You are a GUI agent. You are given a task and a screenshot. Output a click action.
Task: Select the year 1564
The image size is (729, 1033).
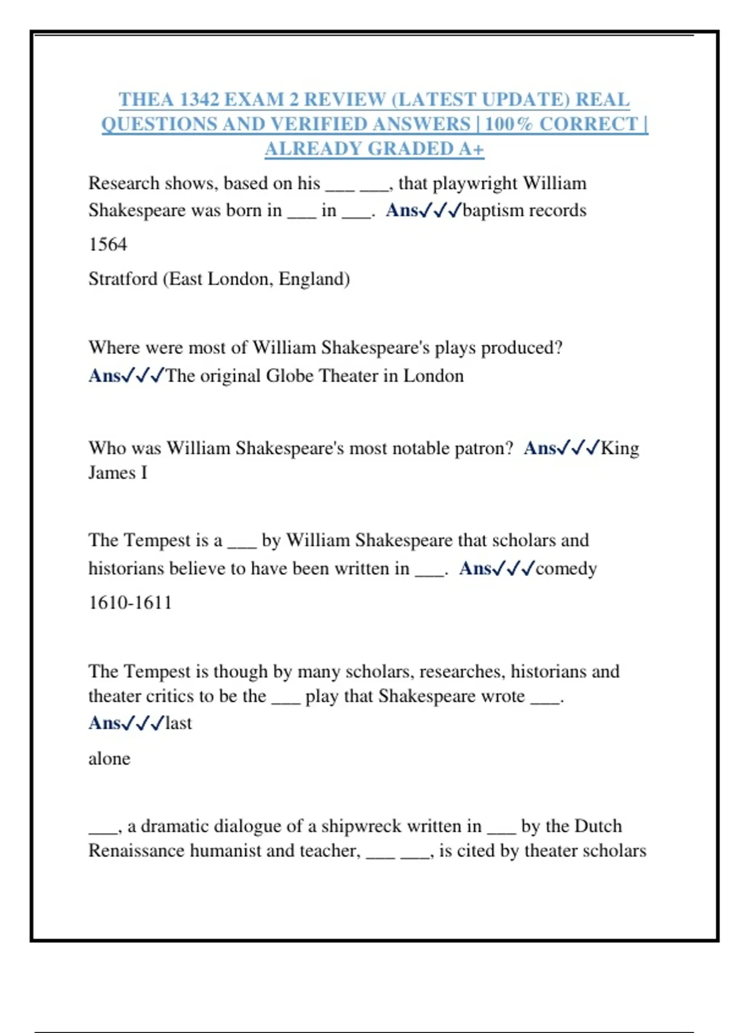pos(108,244)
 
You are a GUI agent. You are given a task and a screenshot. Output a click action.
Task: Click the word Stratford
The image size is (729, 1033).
pos(123,279)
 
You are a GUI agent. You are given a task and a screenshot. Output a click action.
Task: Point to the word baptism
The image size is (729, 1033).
pos(493,210)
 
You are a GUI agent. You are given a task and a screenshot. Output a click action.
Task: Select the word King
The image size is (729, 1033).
pos(620,448)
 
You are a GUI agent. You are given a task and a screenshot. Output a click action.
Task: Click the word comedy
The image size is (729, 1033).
pos(566,568)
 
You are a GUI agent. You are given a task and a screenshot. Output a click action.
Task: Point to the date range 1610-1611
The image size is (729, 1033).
pos(130,603)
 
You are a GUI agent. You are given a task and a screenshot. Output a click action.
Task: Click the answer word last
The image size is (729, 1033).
pos(178,723)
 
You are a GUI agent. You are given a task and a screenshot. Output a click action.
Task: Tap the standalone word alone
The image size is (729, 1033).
pos(109,758)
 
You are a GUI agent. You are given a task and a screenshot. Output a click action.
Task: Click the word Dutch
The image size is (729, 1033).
pos(598,826)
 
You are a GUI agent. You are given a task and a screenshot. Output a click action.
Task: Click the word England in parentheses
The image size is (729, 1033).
pos(314,279)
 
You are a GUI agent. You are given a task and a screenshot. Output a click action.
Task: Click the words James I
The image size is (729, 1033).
pos(118,473)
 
